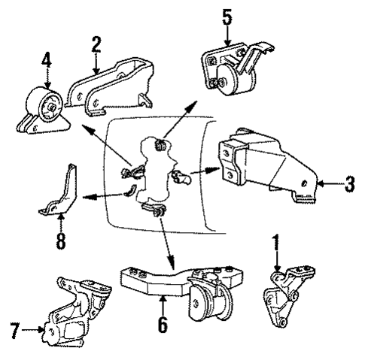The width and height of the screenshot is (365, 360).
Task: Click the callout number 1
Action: pyautogui.click(x=276, y=244)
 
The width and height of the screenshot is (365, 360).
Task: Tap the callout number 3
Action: pyautogui.click(x=349, y=183)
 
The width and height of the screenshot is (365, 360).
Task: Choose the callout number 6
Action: pyautogui.click(x=163, y=325)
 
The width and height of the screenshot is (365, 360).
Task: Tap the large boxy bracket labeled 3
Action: pyautogui.click(x=263, y=163)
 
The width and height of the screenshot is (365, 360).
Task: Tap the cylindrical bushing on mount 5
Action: pyautogui.click(x=225, y=77)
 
